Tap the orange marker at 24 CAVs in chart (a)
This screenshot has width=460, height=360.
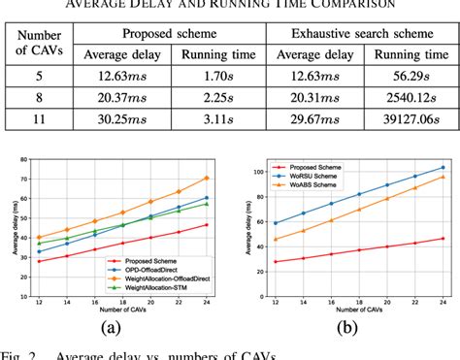pos(207,178)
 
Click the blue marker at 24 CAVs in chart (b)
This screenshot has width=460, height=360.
pos(443,167)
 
